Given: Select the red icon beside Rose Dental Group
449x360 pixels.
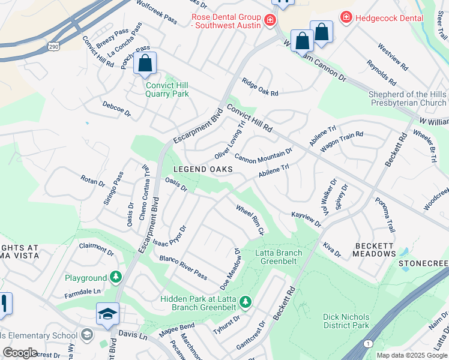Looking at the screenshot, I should coord(270,21).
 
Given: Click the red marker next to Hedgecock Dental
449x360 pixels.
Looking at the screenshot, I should coord(346,18).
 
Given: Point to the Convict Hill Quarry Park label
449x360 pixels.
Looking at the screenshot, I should coord(167,89).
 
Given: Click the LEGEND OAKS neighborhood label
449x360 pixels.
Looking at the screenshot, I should coord(203,170).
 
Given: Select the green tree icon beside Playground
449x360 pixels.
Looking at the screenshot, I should coord(115,278).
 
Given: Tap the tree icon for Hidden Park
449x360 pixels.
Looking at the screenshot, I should coord(245,300).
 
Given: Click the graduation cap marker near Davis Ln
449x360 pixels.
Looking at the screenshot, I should coord(107,314).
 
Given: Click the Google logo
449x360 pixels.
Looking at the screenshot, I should coord(20,353).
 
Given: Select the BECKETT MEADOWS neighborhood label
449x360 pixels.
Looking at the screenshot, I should coord(383,250).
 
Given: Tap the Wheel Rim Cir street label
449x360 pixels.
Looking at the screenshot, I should coord(250,220).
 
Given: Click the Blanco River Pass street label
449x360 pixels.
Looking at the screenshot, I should coord(183,267).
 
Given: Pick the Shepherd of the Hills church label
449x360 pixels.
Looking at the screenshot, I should coord(408,98).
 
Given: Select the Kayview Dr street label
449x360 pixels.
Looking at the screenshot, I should coord(306,219).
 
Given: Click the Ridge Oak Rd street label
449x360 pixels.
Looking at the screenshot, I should coord(260,88).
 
